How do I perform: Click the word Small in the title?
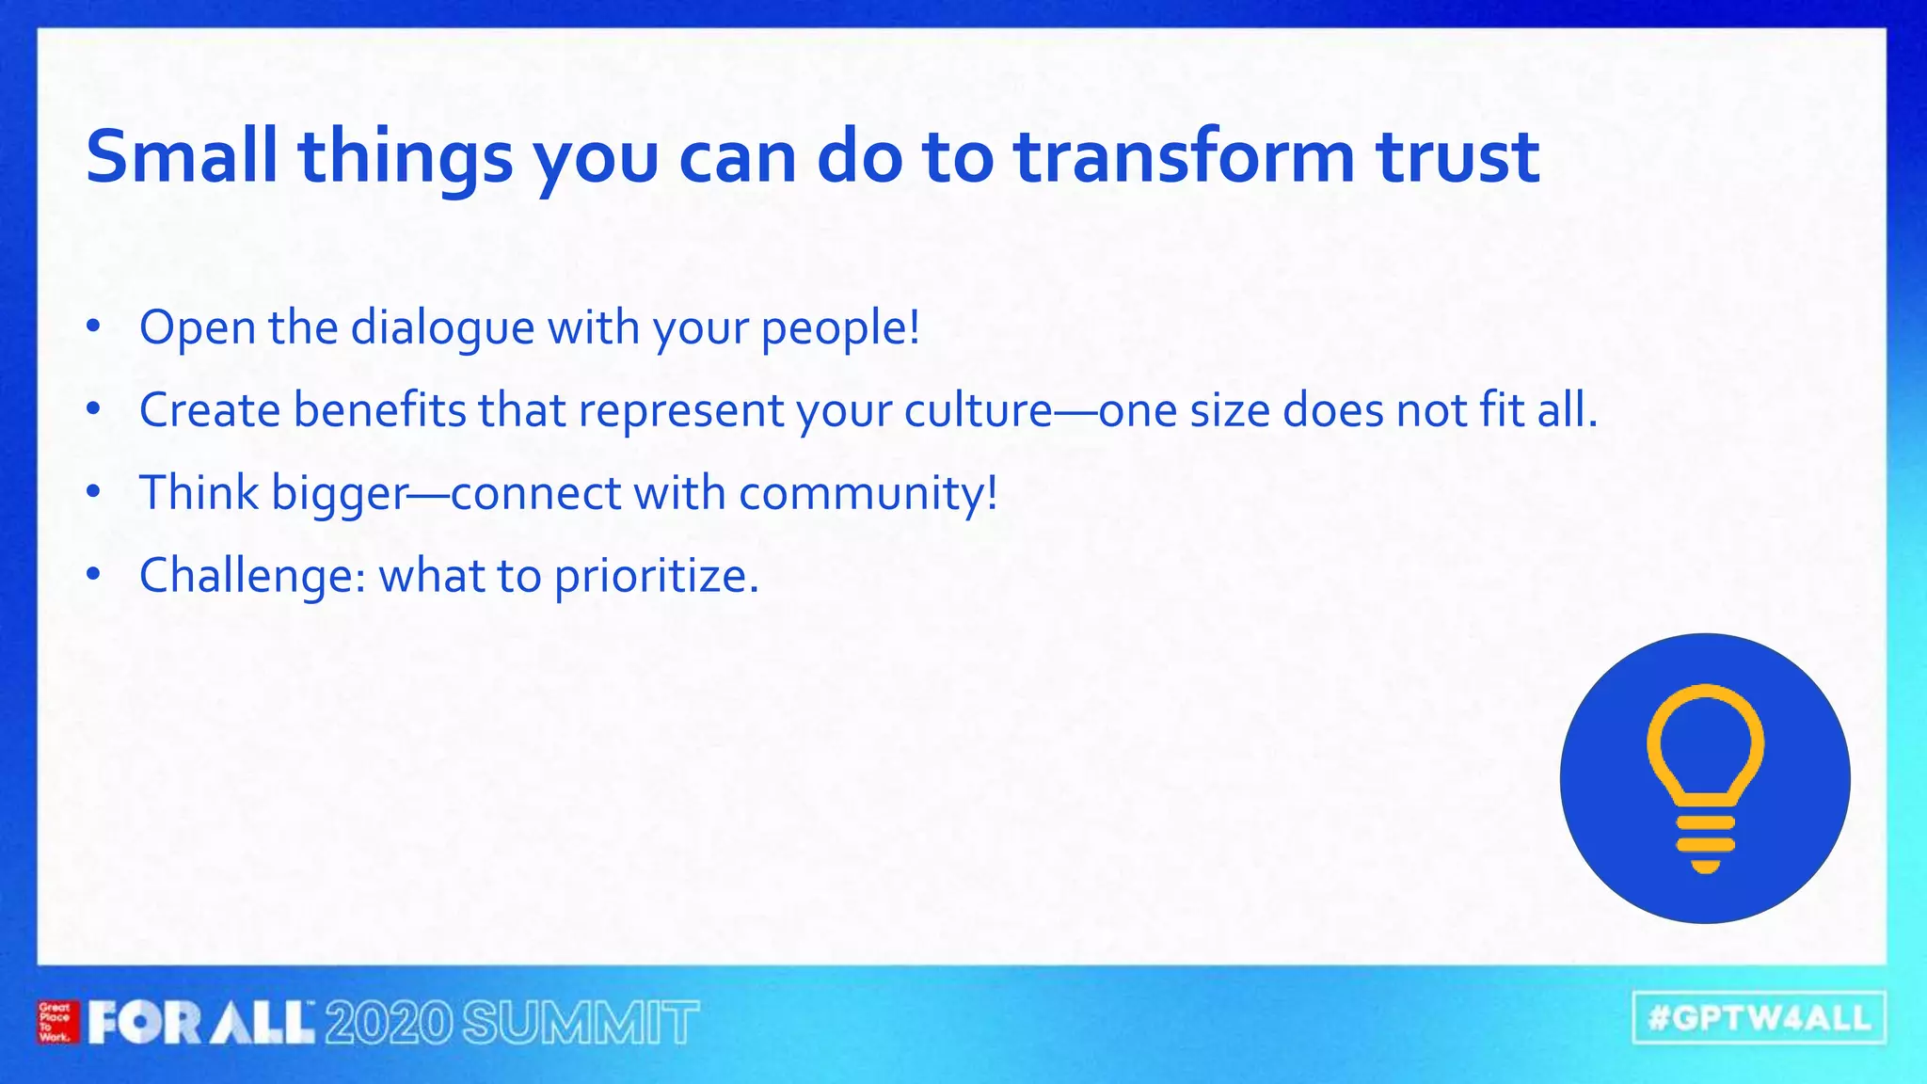click(181, 156)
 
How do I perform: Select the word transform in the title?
click(1184, 156)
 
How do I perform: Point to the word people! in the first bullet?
click(840, 328)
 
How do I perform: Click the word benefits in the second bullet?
click(379, 411)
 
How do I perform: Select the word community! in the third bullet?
click(868, 493)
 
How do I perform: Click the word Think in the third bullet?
click(199, 493)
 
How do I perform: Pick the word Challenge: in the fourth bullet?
click(252, 576)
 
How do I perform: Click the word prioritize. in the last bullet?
click(656, 576)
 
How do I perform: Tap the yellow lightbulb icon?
click(1705, 777)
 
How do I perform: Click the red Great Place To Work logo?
click(56, 1023)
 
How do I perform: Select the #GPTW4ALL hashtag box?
click(1759, 1018)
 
